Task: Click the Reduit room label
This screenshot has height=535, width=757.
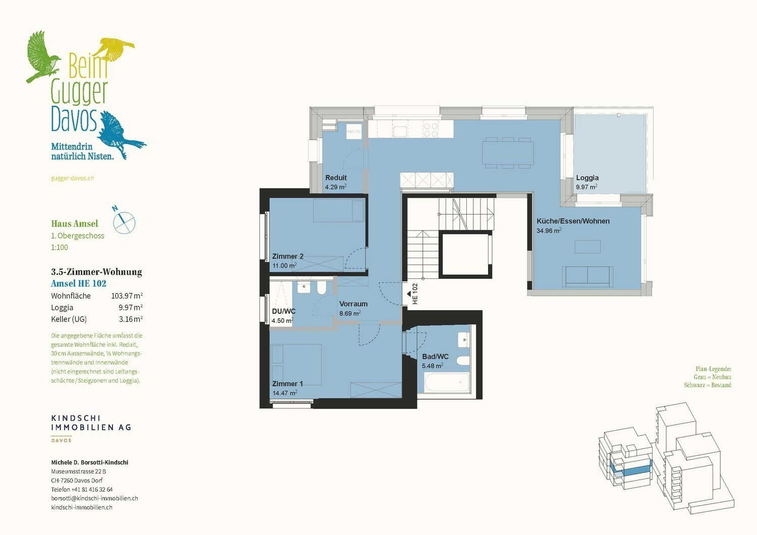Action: coord(336,177)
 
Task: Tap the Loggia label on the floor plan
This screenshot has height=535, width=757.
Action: coord(587,177)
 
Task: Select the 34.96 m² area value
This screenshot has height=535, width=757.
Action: coord(549,230)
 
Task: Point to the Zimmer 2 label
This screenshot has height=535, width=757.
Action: coord(288,256)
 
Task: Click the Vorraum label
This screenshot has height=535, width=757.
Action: coord(353,304)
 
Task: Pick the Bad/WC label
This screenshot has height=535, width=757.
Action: coord(435,356)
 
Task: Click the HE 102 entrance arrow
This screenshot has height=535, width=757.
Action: coord(409,293)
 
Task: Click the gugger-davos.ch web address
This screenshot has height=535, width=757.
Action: coord(72,179)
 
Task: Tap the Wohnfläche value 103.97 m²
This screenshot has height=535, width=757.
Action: coord(127,296)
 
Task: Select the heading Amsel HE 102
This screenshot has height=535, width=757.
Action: coord(79,283)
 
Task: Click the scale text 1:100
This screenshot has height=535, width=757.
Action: coord(60,248)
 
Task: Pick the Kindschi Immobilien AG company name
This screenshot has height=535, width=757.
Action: coord(91,423)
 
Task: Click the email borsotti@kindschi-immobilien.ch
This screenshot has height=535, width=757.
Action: coord(95,498)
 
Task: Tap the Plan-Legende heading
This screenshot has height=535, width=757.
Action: coord(713,369)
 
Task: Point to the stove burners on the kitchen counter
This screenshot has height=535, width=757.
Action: coord(431,130)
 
